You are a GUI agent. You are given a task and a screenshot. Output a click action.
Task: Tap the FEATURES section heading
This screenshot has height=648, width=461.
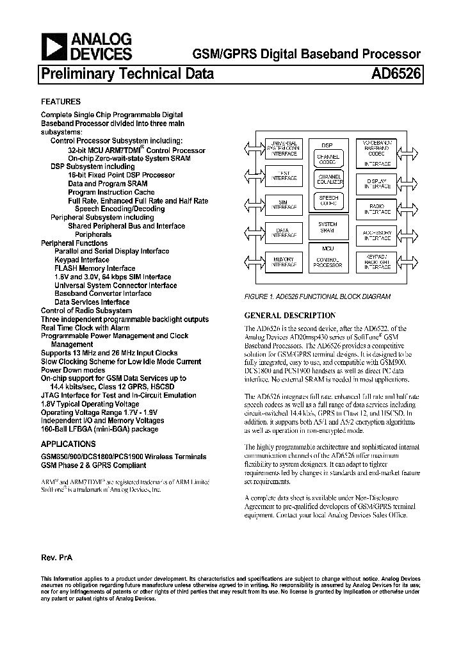61,102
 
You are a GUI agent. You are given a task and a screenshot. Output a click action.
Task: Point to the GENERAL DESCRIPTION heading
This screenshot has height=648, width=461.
290,316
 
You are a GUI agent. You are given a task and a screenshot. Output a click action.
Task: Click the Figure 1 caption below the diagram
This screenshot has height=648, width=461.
318,296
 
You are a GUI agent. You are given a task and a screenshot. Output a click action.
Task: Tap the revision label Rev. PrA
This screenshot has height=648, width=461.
57,558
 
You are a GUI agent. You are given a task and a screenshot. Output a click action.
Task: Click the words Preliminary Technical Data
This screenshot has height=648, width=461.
127,74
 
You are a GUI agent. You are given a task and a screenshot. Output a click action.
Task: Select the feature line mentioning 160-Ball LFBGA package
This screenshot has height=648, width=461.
99,429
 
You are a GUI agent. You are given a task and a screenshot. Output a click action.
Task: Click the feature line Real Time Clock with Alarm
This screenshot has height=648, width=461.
85,327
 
